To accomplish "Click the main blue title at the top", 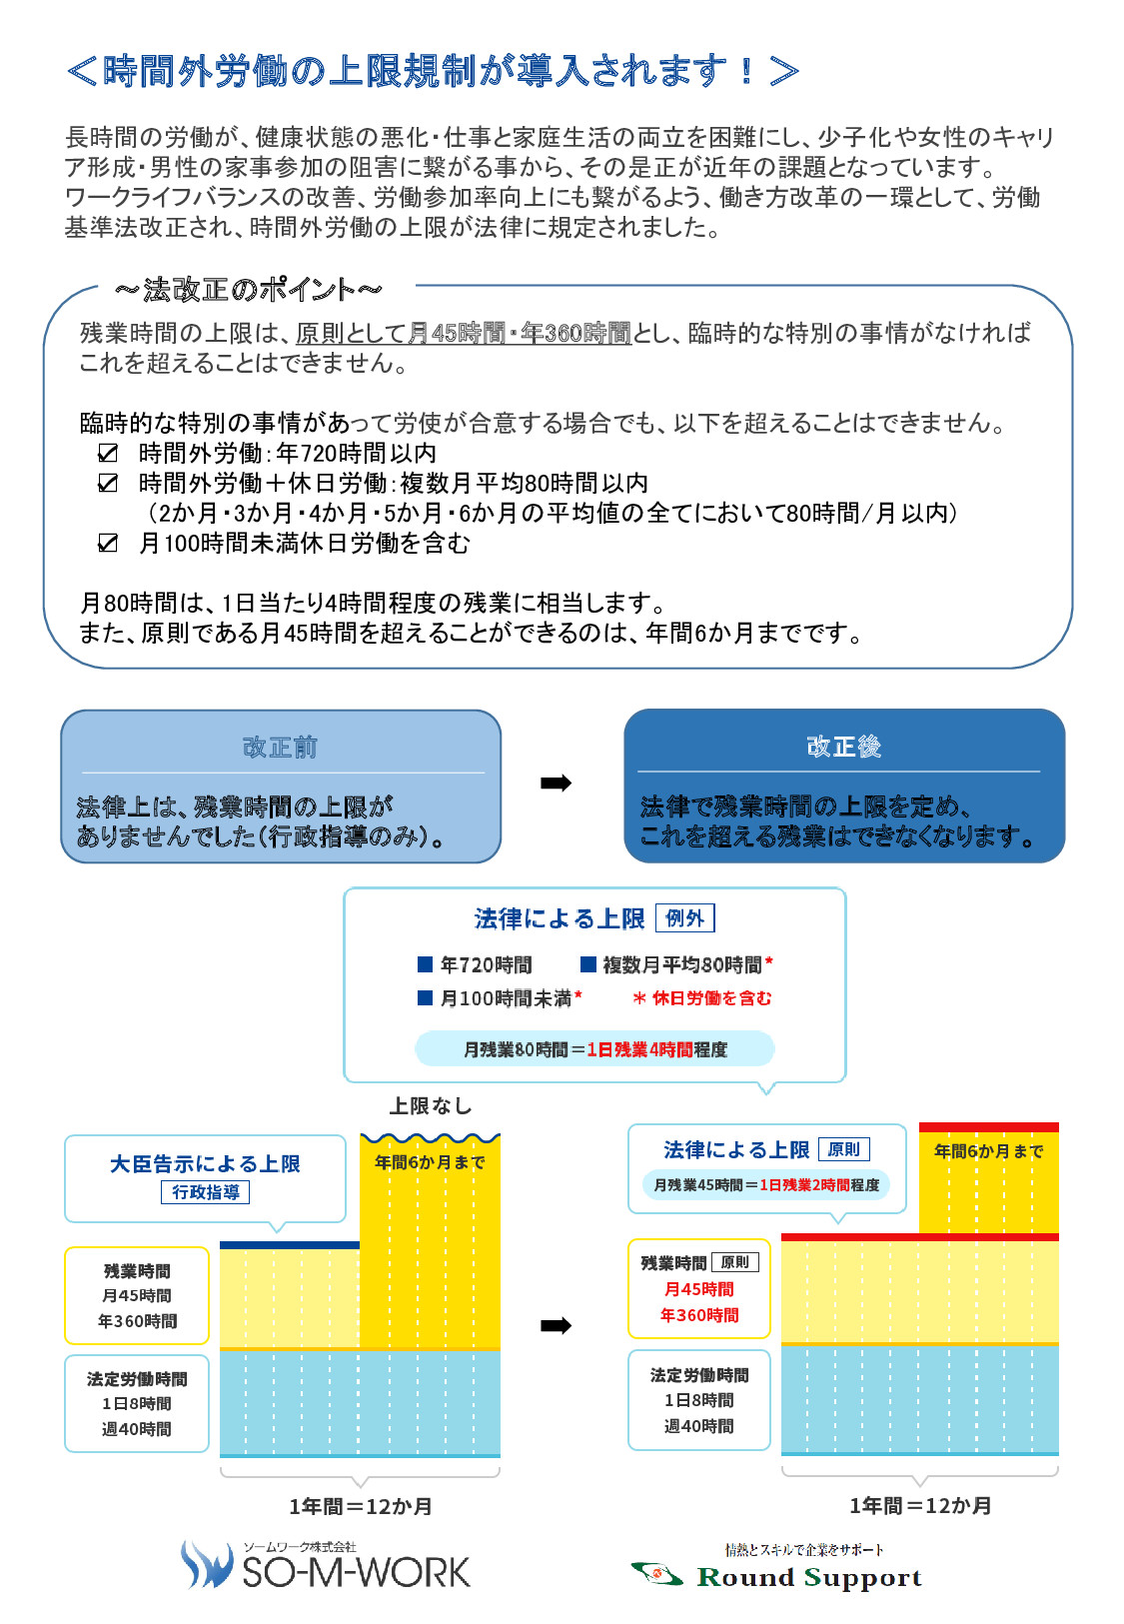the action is tap(433, 71).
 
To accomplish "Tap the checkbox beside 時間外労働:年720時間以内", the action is tap(107, 453).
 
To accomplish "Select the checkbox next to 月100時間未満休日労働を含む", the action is tap(107, 543).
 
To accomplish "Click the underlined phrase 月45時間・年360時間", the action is tap(519, 334).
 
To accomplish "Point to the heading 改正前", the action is tap(281, 747).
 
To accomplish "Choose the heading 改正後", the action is tap(843, 746).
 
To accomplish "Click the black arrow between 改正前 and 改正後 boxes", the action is tap(556, 783).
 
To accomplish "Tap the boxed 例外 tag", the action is tap(684, 917).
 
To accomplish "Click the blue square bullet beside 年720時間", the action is tap(426, 964).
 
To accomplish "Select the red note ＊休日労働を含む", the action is tap(702, 998).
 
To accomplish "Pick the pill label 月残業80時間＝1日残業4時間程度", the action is tap(595, 1049).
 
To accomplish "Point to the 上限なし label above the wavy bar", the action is tap(431, 1105).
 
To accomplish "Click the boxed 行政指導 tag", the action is tap(205, 1192).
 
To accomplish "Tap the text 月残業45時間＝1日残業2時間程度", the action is tap(766, 1184).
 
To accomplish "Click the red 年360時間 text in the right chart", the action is tap(699, 1315).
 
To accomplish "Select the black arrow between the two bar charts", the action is tap(556, 1326).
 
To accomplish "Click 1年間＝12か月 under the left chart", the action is tap(360, 1506).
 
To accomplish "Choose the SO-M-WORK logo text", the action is tap(356, 1572).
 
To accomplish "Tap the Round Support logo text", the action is tap(809, 1578).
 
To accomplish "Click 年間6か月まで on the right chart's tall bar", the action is tap(988, 1151).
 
